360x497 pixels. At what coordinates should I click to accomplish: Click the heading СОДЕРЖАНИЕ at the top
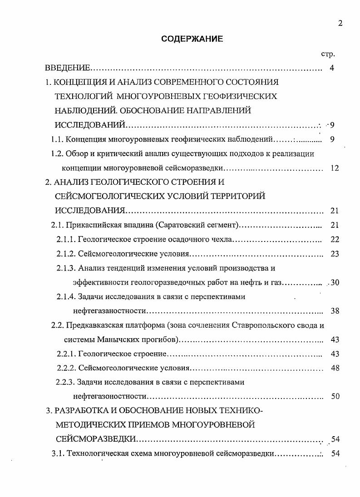click(192, 39)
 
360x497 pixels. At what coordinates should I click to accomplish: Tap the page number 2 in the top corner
click(340, 24)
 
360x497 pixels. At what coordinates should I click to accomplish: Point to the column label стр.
click(328, 54)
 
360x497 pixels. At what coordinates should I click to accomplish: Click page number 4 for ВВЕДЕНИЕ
click(332, 69)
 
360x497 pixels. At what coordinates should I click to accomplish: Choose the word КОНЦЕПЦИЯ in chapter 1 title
click(81, 83)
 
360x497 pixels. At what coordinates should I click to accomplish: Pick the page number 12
click(335, 168)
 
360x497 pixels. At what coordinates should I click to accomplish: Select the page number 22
click(335, 239)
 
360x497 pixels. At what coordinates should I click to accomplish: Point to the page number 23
click(335, 254)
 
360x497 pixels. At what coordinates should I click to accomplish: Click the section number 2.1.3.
click(65, 268)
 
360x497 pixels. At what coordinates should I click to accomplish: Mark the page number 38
click(335, 311)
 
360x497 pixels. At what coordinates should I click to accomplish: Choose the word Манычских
click(109, 340)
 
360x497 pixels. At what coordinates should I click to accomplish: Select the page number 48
click(335, 368)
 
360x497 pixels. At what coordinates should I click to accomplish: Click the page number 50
click(335, 396)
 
